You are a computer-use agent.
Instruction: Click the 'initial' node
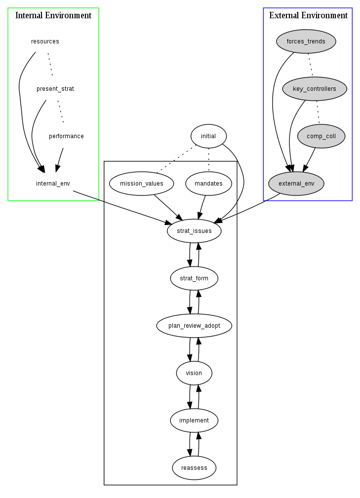(208, 136)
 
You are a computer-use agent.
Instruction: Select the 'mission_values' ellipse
(142, 184)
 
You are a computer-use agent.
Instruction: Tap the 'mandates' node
(208, 184)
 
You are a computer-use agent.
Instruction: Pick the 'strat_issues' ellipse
(194, 231)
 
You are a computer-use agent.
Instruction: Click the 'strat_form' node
(194, 278)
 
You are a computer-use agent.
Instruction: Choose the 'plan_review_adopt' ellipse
(194, 326)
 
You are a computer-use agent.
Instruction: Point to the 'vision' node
(194, 373)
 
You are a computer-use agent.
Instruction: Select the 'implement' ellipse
(194, 421)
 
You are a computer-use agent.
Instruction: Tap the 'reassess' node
(194, 468)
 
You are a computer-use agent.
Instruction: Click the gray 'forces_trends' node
(306, 41)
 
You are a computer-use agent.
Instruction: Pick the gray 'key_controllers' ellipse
(315, 89)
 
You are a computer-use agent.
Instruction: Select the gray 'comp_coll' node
(321, 136)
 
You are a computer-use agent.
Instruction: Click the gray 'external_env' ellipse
(296, 184)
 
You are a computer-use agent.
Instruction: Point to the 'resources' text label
(45, 41)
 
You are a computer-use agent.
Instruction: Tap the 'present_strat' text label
(55, 89)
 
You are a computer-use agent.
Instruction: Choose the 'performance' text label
(66, 136)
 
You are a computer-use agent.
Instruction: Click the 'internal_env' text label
(53, 184)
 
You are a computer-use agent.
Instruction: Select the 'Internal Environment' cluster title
(53, 15)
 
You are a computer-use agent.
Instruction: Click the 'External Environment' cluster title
(308, 15)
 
